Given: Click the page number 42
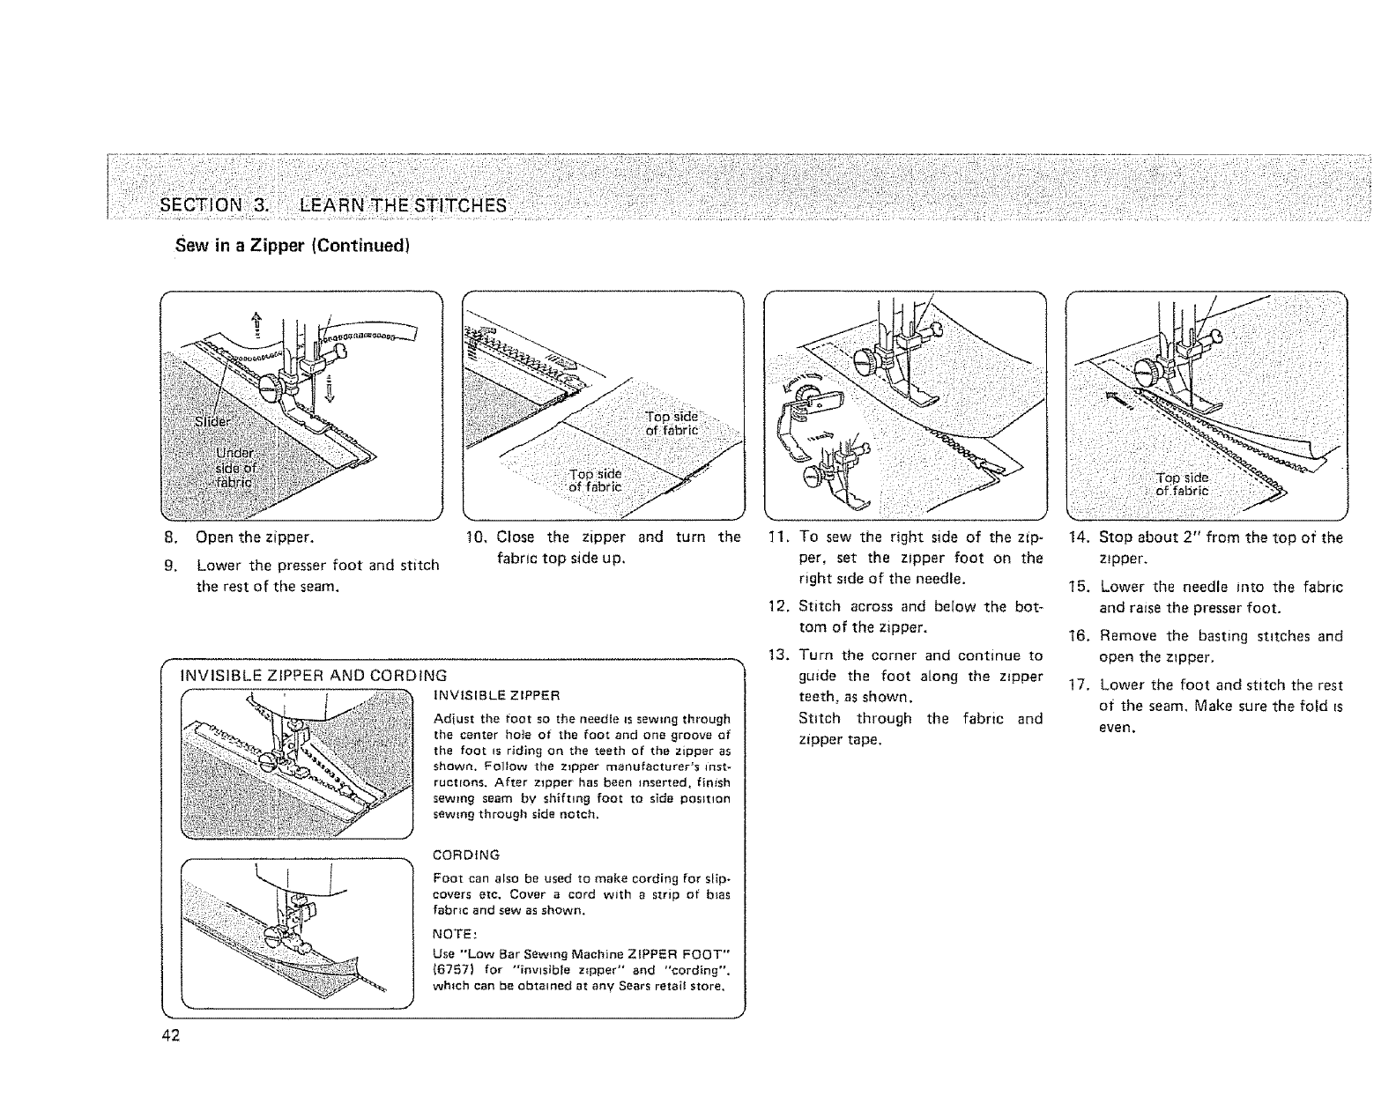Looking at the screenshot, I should (x=170, y=1034).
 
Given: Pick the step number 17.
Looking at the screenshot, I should (x=1080, y=685).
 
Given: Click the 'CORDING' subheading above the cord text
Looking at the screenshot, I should (x=466, y=855).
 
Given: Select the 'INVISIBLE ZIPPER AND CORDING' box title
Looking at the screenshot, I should (x=312, y=676).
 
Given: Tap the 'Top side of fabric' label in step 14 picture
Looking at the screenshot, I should (x=1183, y=484).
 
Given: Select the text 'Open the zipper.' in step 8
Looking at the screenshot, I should (x=256, y=537).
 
